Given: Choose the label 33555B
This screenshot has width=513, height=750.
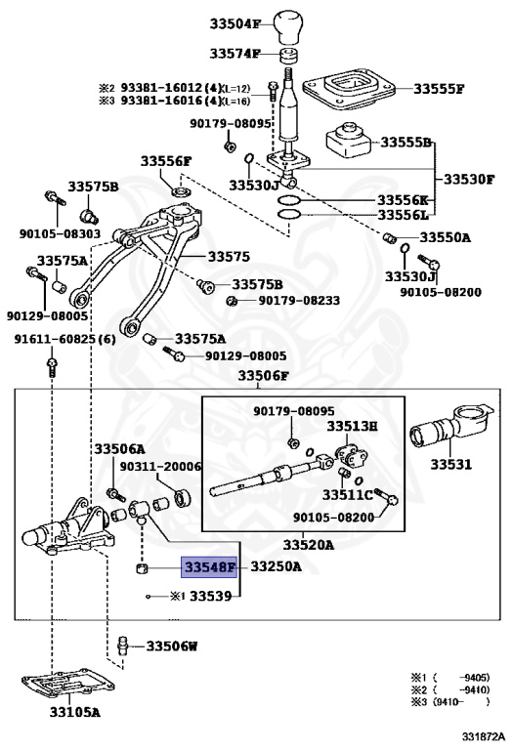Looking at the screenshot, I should tap(406, 143).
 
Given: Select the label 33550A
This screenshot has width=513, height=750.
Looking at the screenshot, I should tap(445, 237).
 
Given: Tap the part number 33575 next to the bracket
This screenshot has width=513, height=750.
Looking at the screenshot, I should tap(228, 256).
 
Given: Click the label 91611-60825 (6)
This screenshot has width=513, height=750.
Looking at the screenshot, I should tap(64, 339).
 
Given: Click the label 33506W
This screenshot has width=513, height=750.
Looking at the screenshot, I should tap(172, 646).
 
